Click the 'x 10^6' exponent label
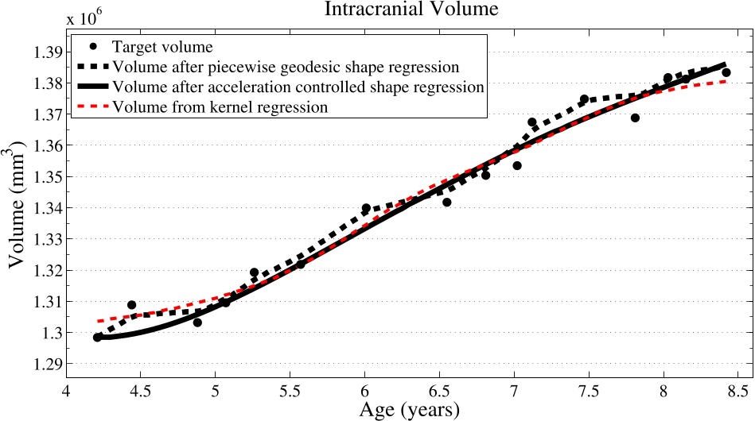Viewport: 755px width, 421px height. (x=88, y=18)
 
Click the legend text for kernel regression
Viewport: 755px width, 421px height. (x=220, y=107)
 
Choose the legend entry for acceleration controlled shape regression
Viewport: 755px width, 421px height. (x=298, y=87)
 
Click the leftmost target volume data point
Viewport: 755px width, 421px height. (x=97, y=338)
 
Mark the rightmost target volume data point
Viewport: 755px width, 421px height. (x=726, y=72)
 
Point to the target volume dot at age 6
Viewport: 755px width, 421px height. (x=366, y=208)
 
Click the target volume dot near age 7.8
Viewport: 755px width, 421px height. (x=635, y=118)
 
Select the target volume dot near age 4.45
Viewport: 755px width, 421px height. (x=131, y=305)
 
